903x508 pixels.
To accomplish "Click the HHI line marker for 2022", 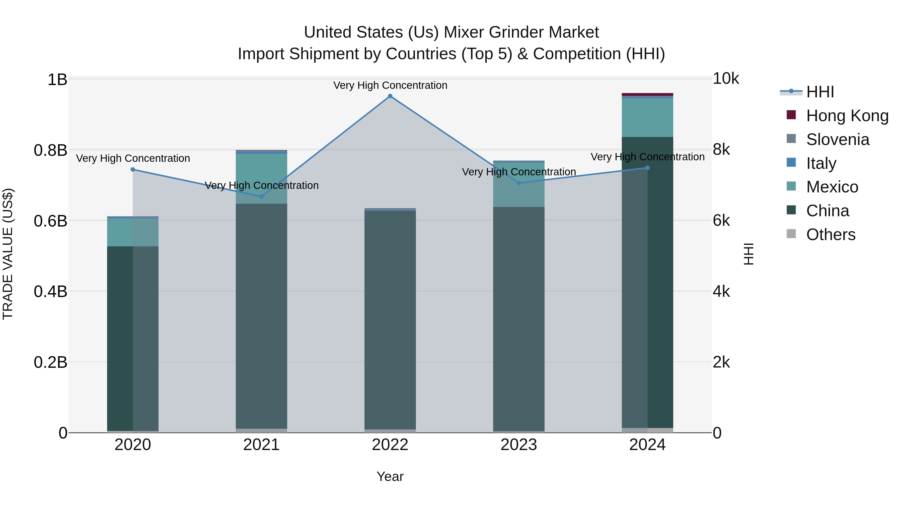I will coord(390,96).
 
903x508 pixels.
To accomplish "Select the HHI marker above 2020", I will coord(133,170).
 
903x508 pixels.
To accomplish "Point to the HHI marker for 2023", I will coord(519,183).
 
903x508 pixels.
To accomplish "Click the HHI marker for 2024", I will coord(647,168).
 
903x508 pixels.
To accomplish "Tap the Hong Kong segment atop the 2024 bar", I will coord(647,94).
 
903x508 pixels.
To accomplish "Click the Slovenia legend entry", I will coord(838,139).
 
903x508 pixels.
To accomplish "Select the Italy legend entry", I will coord(821,163).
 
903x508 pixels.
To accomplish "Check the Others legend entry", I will coord(831,235).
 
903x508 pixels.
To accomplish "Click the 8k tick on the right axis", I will coord(721,150).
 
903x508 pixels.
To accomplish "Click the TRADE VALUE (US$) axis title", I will coord(8,254).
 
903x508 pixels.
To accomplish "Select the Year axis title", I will coord(390,477).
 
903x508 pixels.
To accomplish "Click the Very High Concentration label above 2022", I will coord(390,86).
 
